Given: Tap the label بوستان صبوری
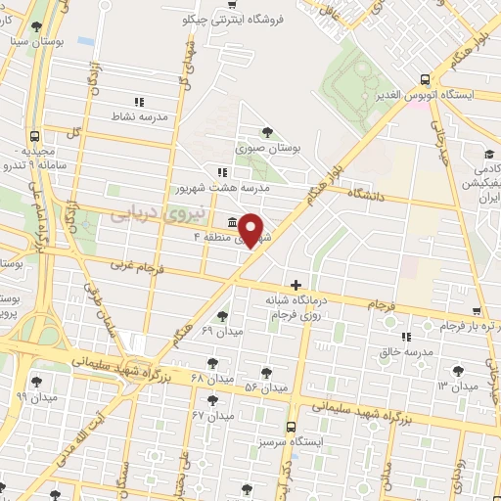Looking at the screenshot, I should (266, 149).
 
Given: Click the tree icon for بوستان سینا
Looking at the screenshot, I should (37, 26).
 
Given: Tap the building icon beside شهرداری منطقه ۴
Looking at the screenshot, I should (230, 220).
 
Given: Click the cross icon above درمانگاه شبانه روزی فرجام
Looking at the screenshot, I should (296, 285).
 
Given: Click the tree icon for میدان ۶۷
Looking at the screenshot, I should (212, 400).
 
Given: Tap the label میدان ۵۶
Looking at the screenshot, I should (266, 387).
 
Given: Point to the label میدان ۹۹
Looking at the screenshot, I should (36, 397).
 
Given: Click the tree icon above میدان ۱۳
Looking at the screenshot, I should (456, 370).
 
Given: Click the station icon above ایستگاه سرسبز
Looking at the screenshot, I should (291, 426).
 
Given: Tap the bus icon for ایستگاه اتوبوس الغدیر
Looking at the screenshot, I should (424, 79).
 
